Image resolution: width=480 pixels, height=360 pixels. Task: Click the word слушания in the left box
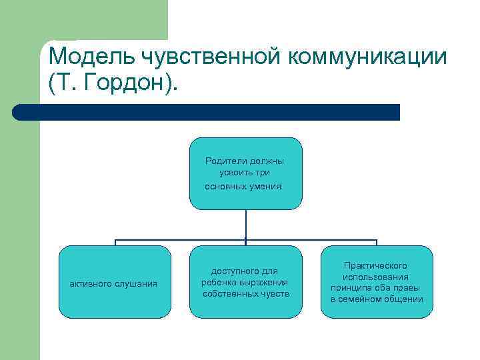tap(137, 284)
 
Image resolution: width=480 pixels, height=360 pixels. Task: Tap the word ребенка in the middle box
tap(219, 283)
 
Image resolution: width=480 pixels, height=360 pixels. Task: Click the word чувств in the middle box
tap(275, 294)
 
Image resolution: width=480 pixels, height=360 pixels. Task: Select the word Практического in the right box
tap(376, 265)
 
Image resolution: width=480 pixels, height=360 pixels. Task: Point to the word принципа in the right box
tap(349, 288)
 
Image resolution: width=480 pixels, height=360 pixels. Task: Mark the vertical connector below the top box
tap(246, 224)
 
